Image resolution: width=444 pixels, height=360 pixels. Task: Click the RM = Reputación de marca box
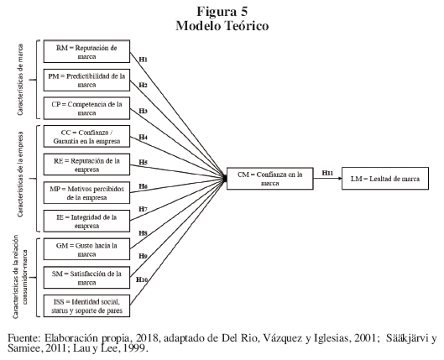pos(86,51)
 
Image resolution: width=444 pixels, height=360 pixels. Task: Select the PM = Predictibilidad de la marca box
pos(86,80)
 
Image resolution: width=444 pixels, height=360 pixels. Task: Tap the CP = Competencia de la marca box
pos(86,108)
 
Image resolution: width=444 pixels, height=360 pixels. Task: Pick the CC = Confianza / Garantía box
pos(86,137)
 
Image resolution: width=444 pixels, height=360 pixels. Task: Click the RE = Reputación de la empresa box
pos(86,164)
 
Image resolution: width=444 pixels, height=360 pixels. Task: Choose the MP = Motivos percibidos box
pos(86,193)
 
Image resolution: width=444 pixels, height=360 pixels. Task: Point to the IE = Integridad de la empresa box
pos(86,221)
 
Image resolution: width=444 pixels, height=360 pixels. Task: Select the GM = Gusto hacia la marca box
pos(86,249)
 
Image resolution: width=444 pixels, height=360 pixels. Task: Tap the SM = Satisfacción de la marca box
pos(86,278)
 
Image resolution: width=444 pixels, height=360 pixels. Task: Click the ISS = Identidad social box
pos(86,306)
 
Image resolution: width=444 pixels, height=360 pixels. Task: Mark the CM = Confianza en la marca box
pos(270,179)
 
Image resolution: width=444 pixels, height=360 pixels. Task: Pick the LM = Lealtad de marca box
pos(385,179)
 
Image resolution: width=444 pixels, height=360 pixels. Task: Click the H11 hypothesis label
pos(327,173)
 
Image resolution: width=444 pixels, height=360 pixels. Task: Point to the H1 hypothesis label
pos(143,60)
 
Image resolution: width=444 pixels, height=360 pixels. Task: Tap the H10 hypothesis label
pos(142,279)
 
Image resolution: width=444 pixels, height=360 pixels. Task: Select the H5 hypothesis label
pos(143,162)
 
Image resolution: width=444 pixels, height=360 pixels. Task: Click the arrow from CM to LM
pos(327,179)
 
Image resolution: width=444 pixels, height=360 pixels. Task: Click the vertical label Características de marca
pos(20,80)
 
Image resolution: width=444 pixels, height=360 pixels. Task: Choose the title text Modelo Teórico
pos(222,26)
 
